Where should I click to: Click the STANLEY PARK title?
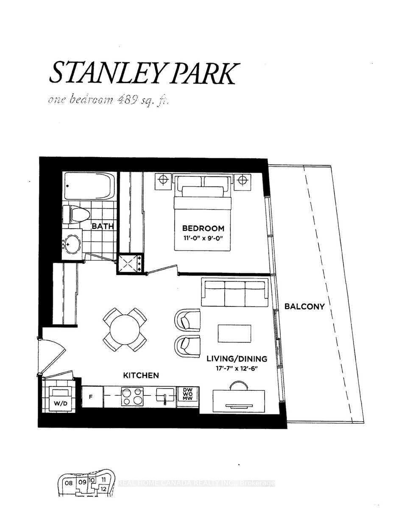[142, 72]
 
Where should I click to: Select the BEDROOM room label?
[200, 229]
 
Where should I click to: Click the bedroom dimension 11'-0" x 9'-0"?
[200, 238]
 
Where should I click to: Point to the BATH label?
[103, 226]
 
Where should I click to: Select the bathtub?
[89, 187]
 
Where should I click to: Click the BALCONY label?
[304, 306]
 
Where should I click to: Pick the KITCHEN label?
[141, 375]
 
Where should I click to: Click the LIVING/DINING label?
[237, 359]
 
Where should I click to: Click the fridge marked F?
[90, 398]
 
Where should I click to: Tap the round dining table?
[125, 329]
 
